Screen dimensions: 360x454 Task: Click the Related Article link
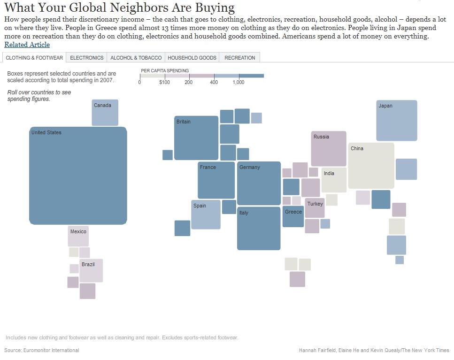[x=27, y=45]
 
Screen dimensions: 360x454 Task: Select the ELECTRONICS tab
[x=86, y=58]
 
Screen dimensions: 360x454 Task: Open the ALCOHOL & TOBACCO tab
[x=136, y=58]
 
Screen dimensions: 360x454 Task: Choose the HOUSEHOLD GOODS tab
[x=192, y=58]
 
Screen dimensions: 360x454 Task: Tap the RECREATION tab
[x=239, y=58]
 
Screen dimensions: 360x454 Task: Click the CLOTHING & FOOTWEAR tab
[x=34, y=58]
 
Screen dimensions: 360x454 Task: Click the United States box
[x=78, y=176]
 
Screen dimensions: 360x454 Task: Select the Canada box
[x=105, y=113]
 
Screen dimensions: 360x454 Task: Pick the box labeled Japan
[x=396, y=121]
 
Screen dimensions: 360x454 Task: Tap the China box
[x=371, y=166]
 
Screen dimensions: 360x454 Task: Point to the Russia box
[x=329, y=149]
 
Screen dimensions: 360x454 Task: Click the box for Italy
[x=259, y=228]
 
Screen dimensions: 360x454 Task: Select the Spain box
[x=206, y=214]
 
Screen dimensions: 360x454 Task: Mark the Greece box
[x=293, y=216]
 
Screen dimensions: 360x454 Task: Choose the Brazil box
[x=91, y=271]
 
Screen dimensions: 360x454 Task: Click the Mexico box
[x=78, y=237]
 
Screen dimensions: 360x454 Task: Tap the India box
[x=334, y=180]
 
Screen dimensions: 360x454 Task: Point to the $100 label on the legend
[x=164, y=83]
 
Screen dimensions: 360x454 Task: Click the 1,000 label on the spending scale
[x=239, y=83]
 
